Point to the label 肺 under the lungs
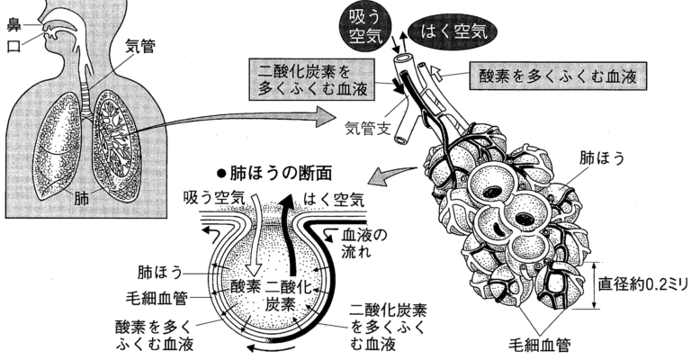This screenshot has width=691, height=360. (83, 198)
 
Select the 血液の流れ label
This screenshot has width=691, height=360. (365, 244)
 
